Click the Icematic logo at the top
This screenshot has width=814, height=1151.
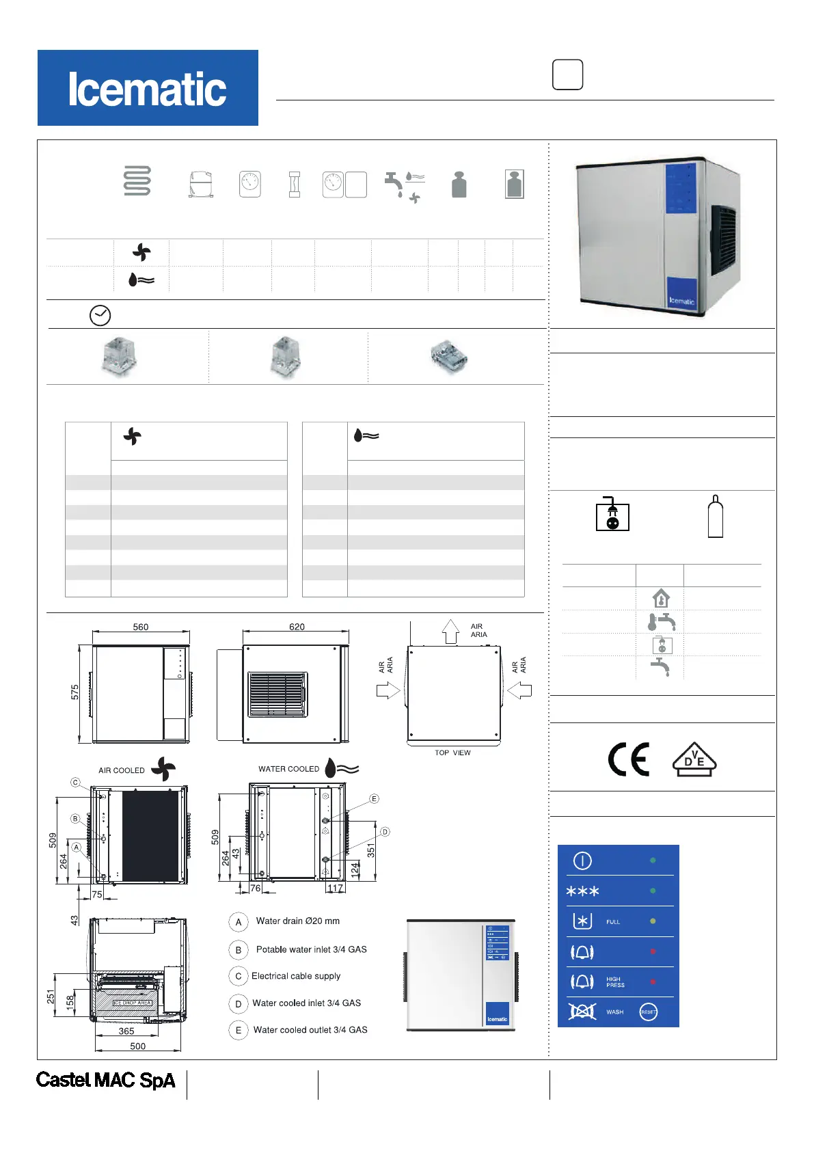click(x=148, y=88)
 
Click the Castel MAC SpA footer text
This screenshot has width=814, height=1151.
click(x=106, y=1080)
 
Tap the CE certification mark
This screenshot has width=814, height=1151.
click(x=628, y=759)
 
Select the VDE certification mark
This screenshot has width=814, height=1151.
click(x=694, y=759)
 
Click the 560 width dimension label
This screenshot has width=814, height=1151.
click(x=141, y=627)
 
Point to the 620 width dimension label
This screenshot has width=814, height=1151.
click(x=297, y=627)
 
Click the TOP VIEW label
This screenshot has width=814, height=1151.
click(x=452, y=753)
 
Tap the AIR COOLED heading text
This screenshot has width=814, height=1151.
click(x=122, y=770)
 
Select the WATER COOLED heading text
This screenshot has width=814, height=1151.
click(x=288, y=769)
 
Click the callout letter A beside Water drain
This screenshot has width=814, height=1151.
click(x=239, y=922)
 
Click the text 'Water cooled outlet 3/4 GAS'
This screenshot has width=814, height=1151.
click(x=310, y=1030)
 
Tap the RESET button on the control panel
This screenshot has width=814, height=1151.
click(x=649, y=1012)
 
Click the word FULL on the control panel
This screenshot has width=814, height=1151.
click(x=613, y=922)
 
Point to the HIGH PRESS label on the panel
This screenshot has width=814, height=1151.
click(x=615, y=982)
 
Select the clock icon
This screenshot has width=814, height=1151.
click(x=100, y=315)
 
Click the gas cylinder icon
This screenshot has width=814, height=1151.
click(x=715, y=517)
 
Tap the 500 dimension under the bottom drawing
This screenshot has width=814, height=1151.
click(x=138, y=1046)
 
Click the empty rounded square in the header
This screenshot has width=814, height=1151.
click(x=567, y=75)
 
